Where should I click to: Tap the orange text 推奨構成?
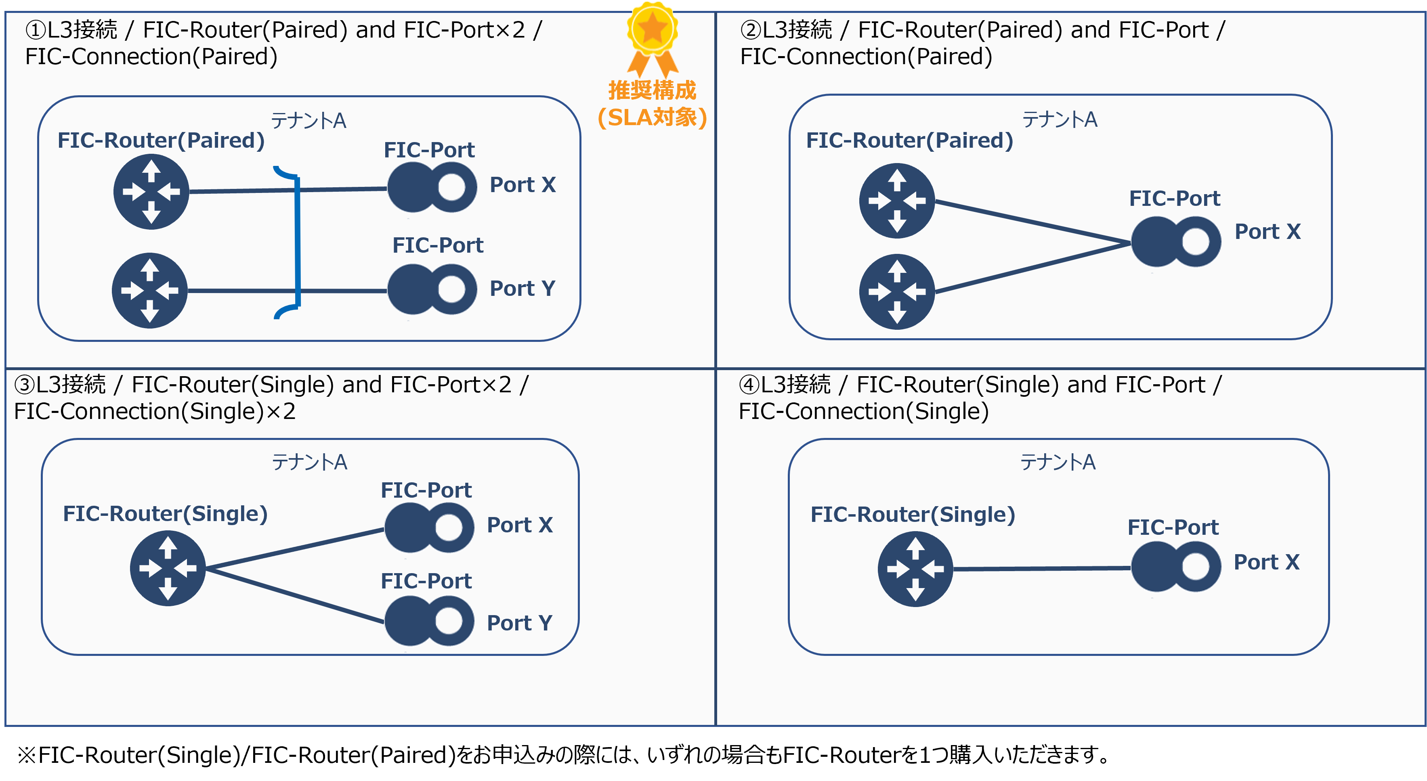point(652,90)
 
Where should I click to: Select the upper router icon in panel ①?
point(151,192)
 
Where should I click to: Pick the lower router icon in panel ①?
point(149,290)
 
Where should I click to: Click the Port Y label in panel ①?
point(522,289)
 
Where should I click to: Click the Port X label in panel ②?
point(1268,232)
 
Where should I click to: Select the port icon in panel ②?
point(1175,241)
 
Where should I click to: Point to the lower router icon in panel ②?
point(897,291)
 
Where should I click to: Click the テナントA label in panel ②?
point(1059,119)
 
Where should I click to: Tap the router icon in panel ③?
point(167,568)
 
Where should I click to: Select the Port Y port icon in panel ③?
point(429,620)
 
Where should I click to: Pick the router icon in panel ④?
point(915,568)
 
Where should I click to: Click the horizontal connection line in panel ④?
point(1041,568)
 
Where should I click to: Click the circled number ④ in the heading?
point(749,384)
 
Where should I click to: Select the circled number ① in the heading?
point(36,30)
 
